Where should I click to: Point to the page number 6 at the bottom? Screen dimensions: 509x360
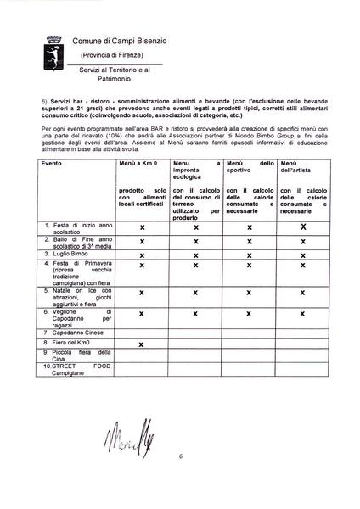(180, 456)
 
